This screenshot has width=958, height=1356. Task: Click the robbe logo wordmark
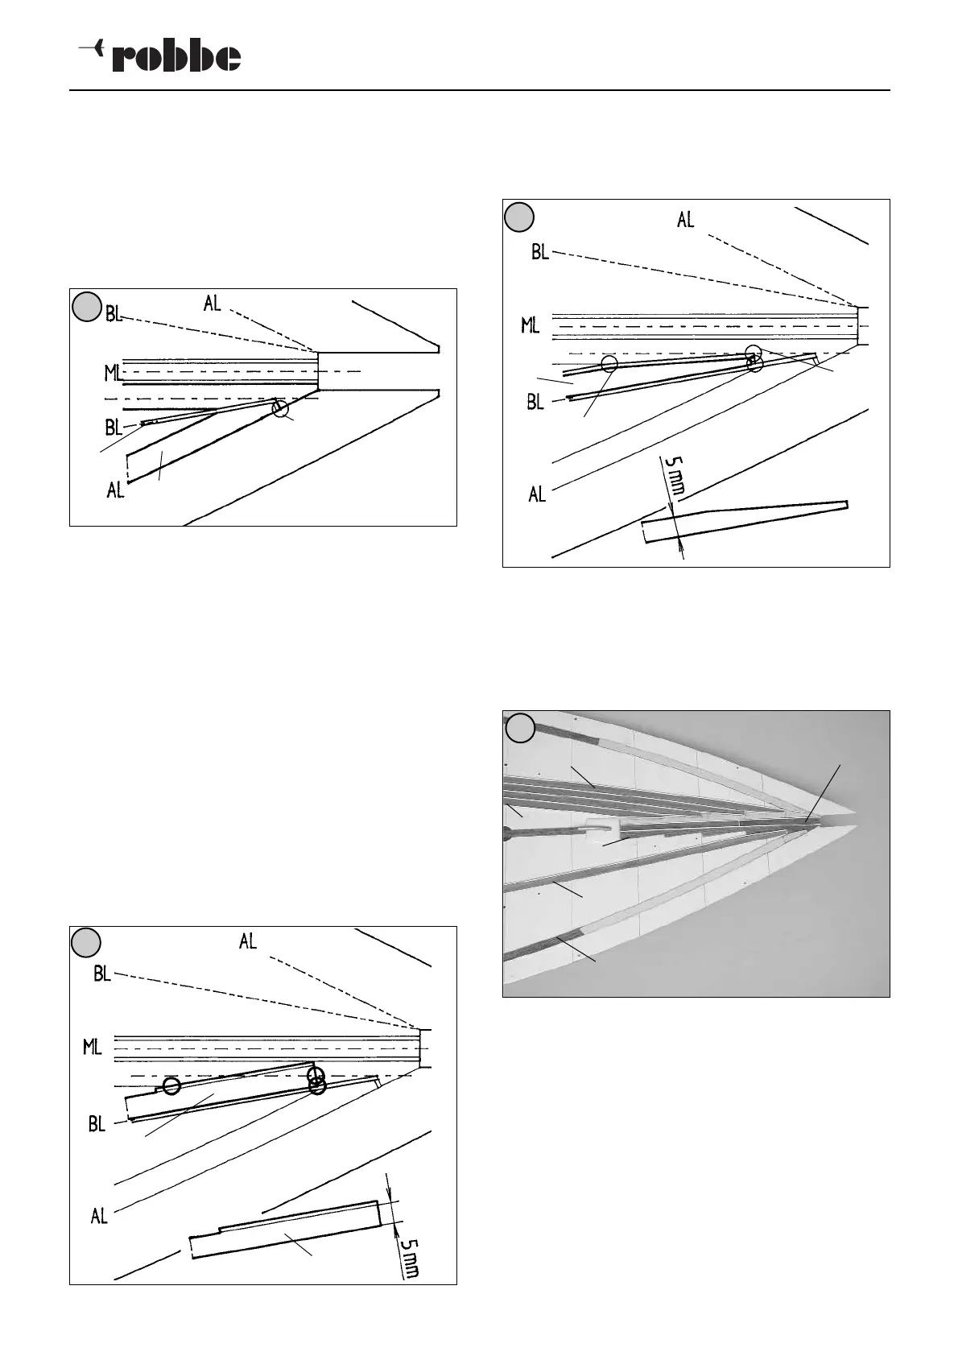[176, 57]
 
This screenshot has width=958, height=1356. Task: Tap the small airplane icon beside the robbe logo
[90, 49]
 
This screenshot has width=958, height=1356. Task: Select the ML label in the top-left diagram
[113, 373]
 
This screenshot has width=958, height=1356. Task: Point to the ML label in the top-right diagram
[530, 325]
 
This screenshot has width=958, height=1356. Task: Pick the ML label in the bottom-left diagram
[93, 1048]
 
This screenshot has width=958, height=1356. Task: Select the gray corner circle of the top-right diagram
[521, 216]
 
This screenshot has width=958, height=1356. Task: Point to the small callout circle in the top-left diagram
[279, 409]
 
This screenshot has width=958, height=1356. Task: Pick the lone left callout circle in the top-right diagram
[609, 364]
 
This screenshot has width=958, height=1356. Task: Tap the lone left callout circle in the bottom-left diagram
[171, 1086]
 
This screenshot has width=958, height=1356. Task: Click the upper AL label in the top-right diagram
[685, 220]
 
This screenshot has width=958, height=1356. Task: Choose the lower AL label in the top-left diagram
[116, 490]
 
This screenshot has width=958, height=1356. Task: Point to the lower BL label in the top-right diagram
[536, 401]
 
